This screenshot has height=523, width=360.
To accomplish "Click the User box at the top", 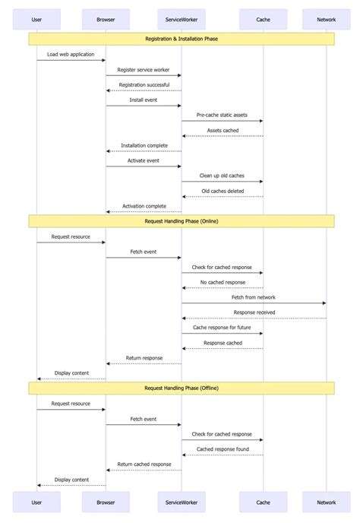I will (x=36, y=19).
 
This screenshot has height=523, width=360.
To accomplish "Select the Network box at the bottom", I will (x=326, y=502).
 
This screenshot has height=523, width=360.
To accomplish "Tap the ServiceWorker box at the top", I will (x=181, y=19).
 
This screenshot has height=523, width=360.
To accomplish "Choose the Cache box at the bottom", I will (x=263, y=502).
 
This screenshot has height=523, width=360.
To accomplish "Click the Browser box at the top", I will (x=106, y=19).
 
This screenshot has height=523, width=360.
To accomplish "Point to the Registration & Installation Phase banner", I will (x=182, y=38).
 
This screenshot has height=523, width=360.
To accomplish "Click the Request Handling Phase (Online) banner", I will (x=182, y=221).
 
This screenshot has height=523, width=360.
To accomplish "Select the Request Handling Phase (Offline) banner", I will (x=182, y=388).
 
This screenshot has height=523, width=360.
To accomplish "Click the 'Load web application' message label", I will (x=71, y=54).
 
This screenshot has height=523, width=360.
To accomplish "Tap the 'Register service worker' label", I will (x=144, y=69).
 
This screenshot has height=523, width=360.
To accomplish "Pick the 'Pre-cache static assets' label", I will (x=222, y=115).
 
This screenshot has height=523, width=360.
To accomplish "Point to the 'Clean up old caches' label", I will (x=222, y=176).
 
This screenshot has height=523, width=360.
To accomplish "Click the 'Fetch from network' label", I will (x=254, y=297).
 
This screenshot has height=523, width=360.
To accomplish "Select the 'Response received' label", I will (x=254, y=312).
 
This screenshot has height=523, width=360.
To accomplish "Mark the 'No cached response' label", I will (x=223, y=282).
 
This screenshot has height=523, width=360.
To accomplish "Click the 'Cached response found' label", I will (x=223, y=449).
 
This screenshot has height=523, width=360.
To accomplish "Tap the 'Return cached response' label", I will (x=144, y=464).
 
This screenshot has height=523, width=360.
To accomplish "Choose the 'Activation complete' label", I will (x=144, y=206).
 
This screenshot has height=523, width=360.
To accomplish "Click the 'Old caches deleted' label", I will (x=223, y=191).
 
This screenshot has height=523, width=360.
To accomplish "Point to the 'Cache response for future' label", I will (x=222, y=328).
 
